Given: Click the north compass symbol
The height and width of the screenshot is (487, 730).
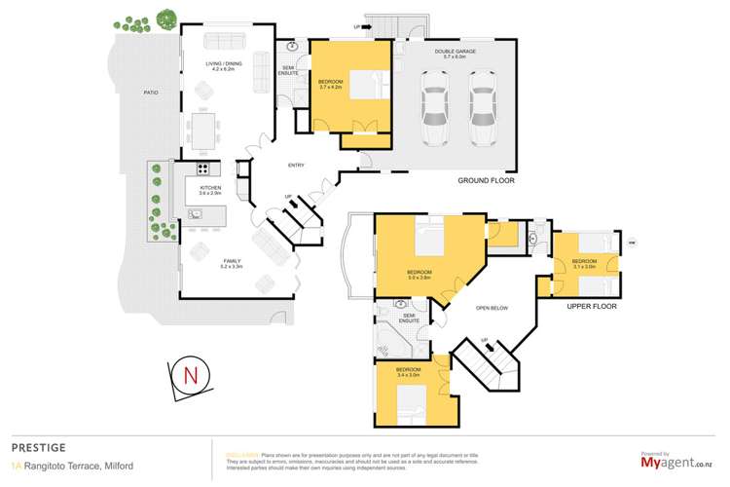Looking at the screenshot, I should click(190, 375).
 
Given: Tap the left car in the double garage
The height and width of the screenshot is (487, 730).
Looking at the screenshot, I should click(432, 101).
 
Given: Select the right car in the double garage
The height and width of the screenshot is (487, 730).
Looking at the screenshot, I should click(482, 101).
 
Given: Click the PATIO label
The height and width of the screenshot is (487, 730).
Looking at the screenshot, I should click(151, 93).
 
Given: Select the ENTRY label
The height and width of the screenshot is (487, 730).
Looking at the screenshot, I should click(297, 165).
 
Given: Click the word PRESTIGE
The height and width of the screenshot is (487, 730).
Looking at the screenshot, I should click(39, 447).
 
